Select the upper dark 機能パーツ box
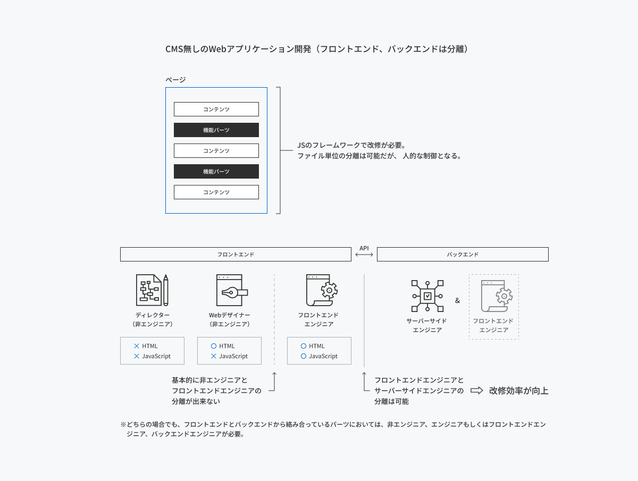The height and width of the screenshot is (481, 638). pyautogui.click(x=216, y=130)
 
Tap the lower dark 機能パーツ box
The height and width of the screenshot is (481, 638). pyautogui.click(x=216, y=171)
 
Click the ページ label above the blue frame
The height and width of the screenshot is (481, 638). pyautogui.click(x=175, y=79)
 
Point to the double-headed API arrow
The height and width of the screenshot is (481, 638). pyautogui.click(x=364, y=255)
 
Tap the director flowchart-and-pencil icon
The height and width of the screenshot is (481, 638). pyautogui.click(x=152, y=290)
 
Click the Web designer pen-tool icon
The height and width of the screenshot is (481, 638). pyautogui.click(x=232, y=290)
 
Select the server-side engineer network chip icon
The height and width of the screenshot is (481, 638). pyautogui.click(x=427, y=296)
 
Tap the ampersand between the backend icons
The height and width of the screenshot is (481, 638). pyautogui.click(x=458, y=300)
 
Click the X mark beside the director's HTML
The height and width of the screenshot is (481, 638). pyautogui.click(x=137, y=346)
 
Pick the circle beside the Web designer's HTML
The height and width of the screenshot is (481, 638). pyautogui.click(x=214, y=346)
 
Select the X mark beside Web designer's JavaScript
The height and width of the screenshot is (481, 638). pyautogui.click(x=214, y=356)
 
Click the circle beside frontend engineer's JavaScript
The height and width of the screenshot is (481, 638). pyautogui.click(x=304, y=356)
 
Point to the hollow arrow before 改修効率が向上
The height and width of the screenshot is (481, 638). pyautogui.click(x=477, y=390)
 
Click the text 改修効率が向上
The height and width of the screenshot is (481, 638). pyautogui.click(x=519, y=391)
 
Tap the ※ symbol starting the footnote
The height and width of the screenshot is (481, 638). pyautogui.click(x=123, y=424)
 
